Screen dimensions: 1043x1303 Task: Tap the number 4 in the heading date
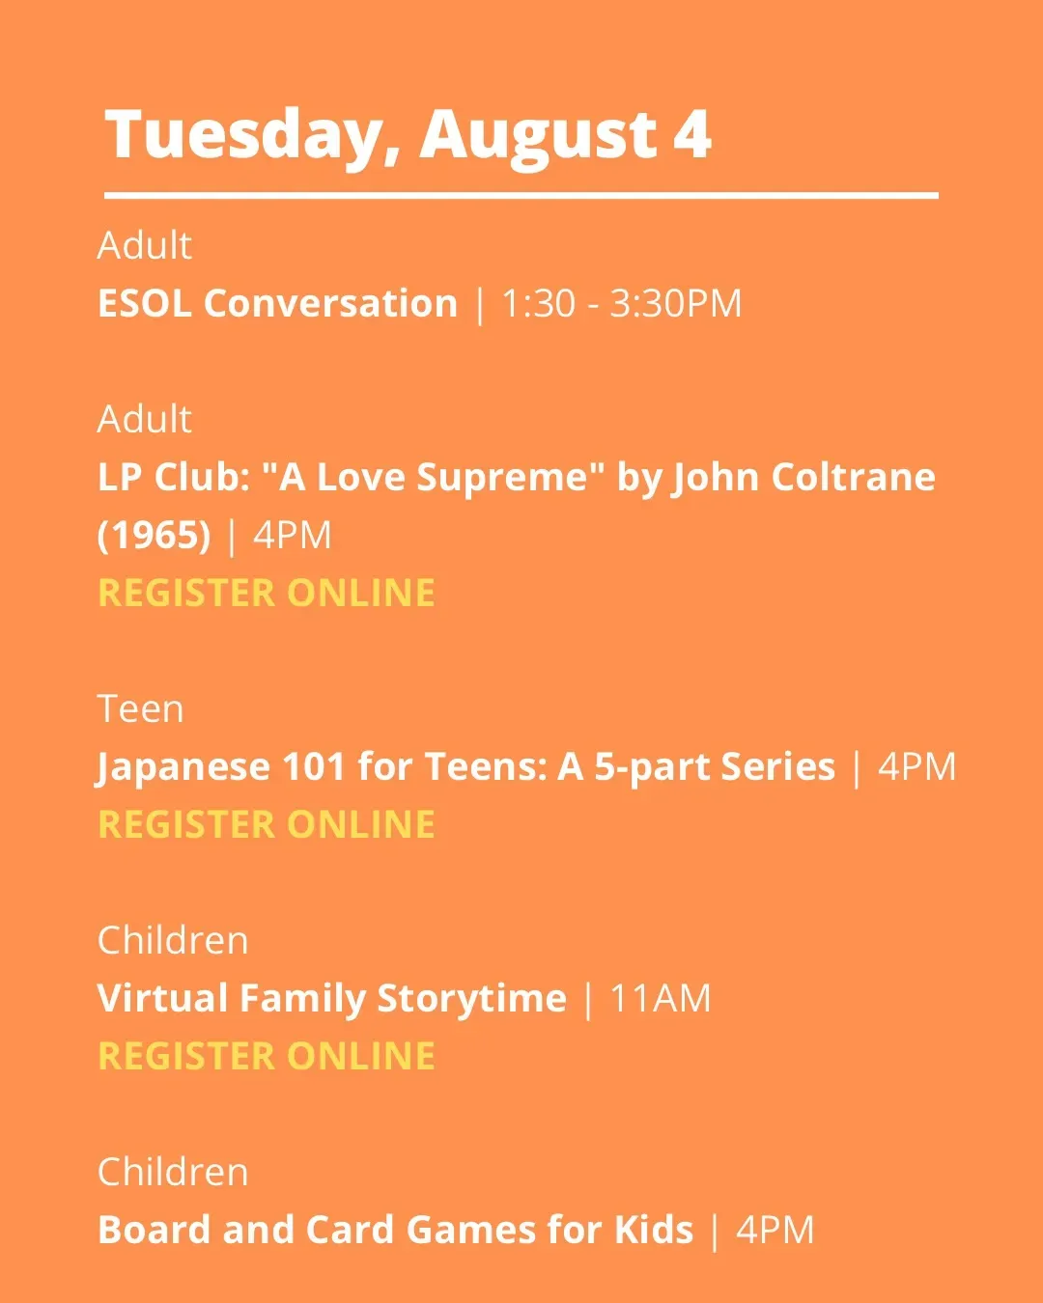point(691,134)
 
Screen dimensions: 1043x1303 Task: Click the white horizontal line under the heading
point(521,195)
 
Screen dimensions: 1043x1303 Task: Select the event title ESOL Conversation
point(277,303)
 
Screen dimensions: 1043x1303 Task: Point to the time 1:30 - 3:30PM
point(622,303)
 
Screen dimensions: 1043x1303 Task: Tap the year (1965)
point(155,536)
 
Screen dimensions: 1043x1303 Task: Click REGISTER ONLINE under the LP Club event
point(267,593)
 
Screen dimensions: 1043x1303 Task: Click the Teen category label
point(140,708)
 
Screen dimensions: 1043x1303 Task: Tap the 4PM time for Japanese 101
point(916,766)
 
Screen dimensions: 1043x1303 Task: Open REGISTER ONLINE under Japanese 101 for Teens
point(267,824)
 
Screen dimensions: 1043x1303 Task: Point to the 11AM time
point(661,998)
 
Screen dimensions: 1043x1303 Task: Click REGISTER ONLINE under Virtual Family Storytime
point(267,1056)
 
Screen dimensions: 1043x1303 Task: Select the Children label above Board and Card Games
point(173,1172)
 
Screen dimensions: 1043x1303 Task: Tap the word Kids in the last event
point(654,1229)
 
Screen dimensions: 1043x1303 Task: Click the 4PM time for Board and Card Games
point(775,1230)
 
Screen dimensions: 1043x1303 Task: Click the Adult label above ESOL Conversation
point(144,245)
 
